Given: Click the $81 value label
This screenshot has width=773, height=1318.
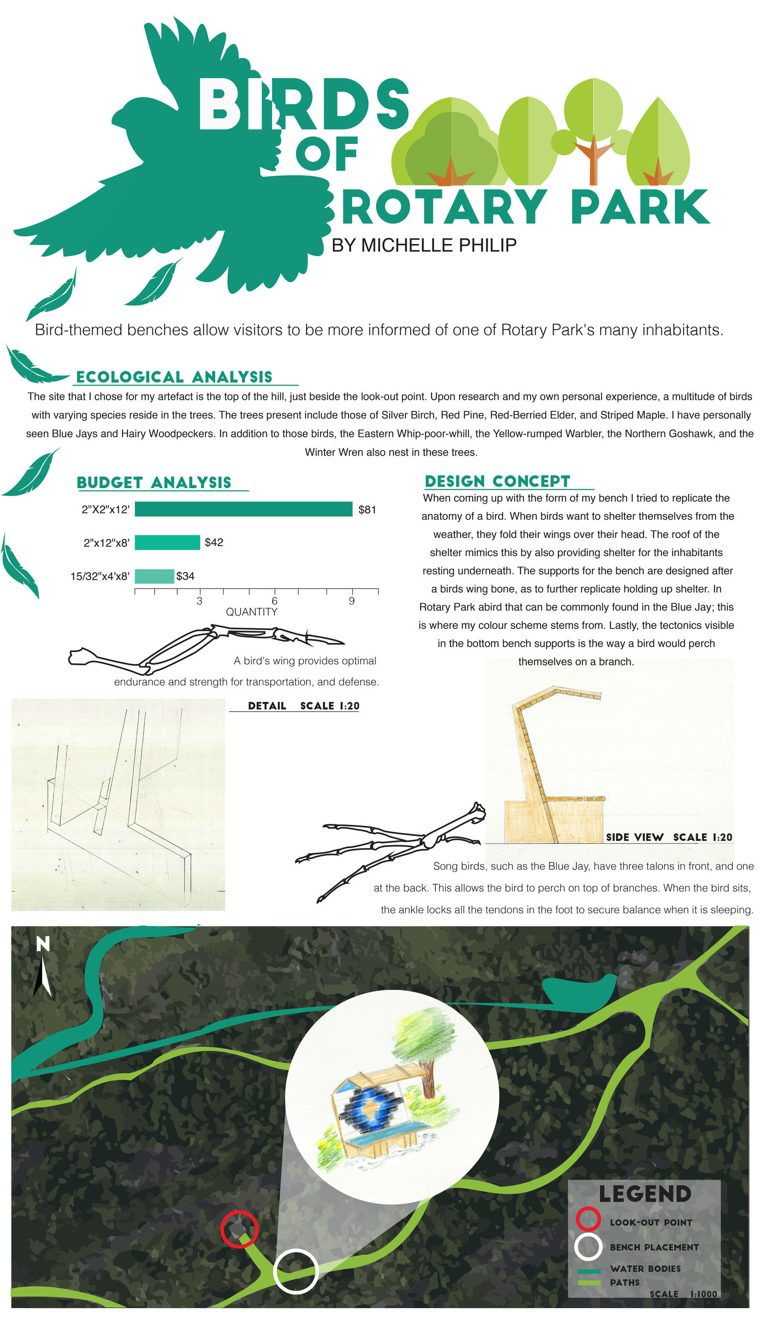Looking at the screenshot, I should [367, 510].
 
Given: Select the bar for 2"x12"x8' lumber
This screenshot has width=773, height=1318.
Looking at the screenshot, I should [167, 542].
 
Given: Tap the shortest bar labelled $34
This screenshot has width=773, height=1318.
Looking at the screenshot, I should [154, 576].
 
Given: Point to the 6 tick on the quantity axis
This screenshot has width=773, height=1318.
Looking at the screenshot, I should [274, 601].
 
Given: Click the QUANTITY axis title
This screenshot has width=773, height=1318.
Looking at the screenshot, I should [251, 612].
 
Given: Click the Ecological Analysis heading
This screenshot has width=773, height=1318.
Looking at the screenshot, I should [174, 377].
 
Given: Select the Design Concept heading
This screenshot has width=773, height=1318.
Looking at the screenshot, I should [497, 481].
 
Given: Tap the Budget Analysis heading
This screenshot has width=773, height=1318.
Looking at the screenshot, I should [154, 483].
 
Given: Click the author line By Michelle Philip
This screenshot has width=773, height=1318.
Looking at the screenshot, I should [423, 245].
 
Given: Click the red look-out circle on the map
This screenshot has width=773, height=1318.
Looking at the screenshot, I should [239, 1229].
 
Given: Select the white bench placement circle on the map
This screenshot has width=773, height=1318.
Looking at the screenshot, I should [296, 1271].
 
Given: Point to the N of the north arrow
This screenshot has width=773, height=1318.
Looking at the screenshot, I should [43, 945].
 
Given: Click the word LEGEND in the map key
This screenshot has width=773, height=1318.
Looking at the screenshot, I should [644, 1194].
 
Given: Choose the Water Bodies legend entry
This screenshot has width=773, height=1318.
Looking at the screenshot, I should [645, 1268].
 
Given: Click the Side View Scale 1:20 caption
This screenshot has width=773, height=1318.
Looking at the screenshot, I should [669, 837].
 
